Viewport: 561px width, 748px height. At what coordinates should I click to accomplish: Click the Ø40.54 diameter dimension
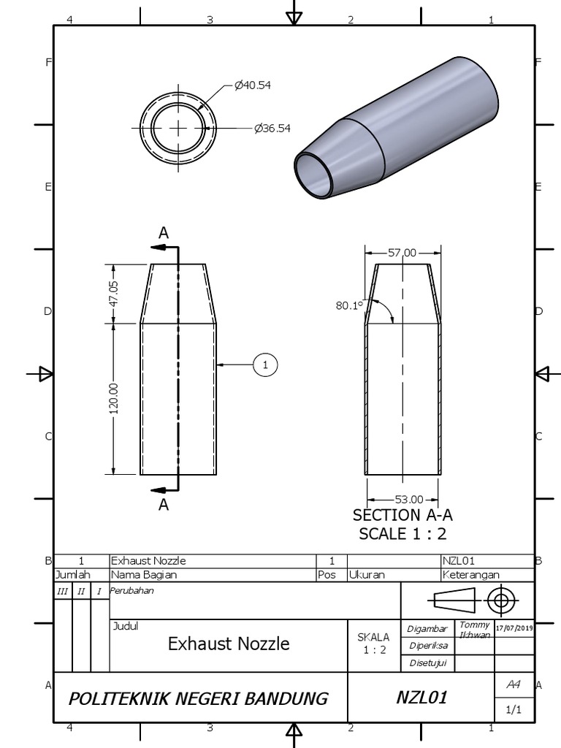coord(253,85)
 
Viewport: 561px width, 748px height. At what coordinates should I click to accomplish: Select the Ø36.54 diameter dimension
coord(272,129)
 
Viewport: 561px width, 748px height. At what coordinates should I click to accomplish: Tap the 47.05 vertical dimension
coord(114,292)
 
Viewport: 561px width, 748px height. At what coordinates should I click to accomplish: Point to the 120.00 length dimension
coord(114,399)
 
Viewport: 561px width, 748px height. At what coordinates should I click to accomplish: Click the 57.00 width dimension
coord(402,253)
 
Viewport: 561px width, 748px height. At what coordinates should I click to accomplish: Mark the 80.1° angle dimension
coord(349,306)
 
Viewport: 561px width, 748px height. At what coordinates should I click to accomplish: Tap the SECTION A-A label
coord(402,516)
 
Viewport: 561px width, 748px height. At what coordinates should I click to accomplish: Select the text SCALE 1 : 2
coord(402,534)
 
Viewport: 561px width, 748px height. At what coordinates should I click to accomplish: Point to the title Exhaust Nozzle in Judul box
coord(229,644)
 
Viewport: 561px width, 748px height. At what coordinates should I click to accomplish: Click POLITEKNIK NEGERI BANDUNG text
coord(198,698)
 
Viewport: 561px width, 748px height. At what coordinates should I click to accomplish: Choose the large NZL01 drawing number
coord(421,698)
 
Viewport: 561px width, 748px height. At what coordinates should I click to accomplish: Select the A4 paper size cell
coord(514,684)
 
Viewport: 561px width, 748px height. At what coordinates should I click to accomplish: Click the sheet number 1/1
coord(514,709)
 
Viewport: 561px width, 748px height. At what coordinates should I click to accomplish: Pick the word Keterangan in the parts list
coord(471,575)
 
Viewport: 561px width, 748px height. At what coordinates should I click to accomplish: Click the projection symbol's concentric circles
coord(500,601)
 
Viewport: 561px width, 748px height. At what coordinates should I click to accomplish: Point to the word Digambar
coord(427,629)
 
